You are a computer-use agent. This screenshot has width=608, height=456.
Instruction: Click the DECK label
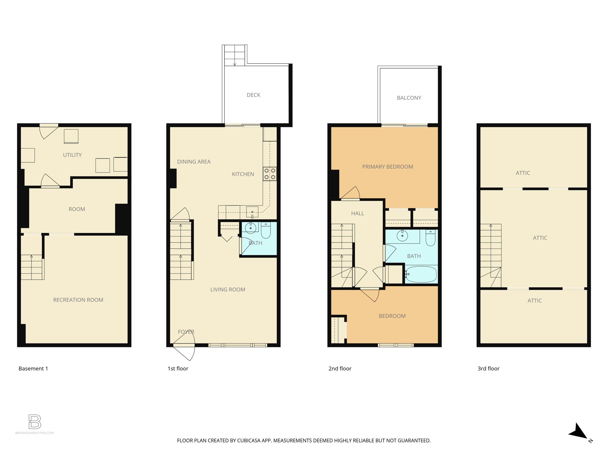pyautogui.click(x=253, y=95)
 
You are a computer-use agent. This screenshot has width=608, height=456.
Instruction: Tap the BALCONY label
pyautogui.click(x=409, y=98)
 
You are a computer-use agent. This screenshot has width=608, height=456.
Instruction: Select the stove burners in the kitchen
pyautogui.click(x=270, y=174)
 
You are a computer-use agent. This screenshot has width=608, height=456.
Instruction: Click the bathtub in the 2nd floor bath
pyautogui.click(x=421, y=274)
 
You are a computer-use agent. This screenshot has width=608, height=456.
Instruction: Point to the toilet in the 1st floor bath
pyautogui.click(x=266, y=231)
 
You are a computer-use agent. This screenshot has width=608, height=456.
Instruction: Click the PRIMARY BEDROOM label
pyautogui.click(x=387, y=167)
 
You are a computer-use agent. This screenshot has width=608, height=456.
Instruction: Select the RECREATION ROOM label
pyautogui.click(x=78, y=300)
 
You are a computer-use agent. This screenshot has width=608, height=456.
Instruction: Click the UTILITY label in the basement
pyautogui.click(x=72, y=155)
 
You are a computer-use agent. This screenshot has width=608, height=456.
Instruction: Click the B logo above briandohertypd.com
pyautogui.click(x=35, y=422)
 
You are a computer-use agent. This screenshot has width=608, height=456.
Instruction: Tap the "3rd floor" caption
pyautogui.click(x=488, y=369)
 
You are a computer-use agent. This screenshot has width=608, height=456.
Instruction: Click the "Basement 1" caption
pyautogui.click(x=33, y=369)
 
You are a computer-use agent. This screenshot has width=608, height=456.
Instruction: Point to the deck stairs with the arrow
pyautogui.click(x=235, y=55)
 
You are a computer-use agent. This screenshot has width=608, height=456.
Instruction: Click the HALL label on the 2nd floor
pyautogui.click(x=357, y=213)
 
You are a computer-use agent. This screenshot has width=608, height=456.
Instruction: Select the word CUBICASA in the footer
pyautogui.click(x=248, y=441)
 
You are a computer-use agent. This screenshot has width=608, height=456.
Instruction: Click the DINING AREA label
pyautogui.click(x=194, y=162)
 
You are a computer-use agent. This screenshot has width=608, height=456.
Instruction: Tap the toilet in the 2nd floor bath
pyautogui.click(x=430, y=238)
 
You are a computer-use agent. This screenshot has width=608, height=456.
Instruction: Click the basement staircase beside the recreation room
pyautogui.click(x=31, y=267)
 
